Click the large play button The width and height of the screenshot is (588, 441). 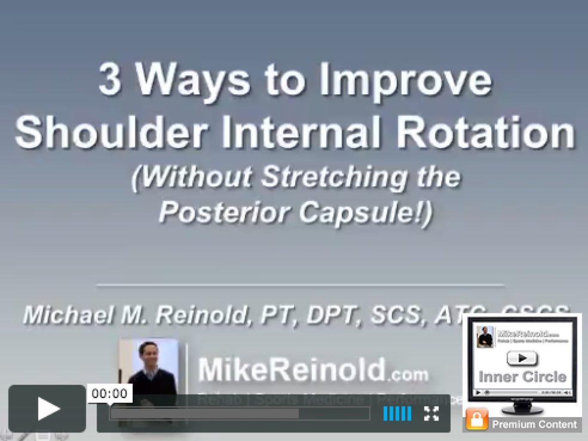47,409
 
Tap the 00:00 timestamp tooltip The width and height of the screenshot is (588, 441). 110,393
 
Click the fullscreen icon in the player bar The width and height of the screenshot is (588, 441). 431,413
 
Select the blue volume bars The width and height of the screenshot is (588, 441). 397,413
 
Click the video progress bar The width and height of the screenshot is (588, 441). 239,414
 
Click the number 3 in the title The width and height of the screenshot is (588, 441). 109,81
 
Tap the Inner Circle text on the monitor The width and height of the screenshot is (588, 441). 522,377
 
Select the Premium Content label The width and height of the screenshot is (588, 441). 534,424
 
